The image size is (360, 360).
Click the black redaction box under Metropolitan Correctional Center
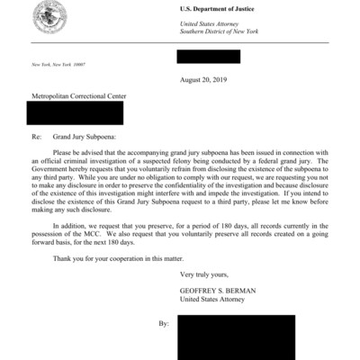tap(76, 112)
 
